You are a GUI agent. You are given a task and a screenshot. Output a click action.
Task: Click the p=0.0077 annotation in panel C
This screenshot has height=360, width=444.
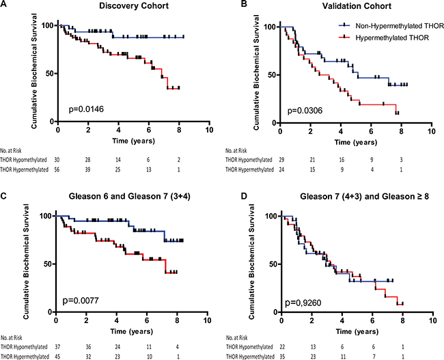click(79, 299)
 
